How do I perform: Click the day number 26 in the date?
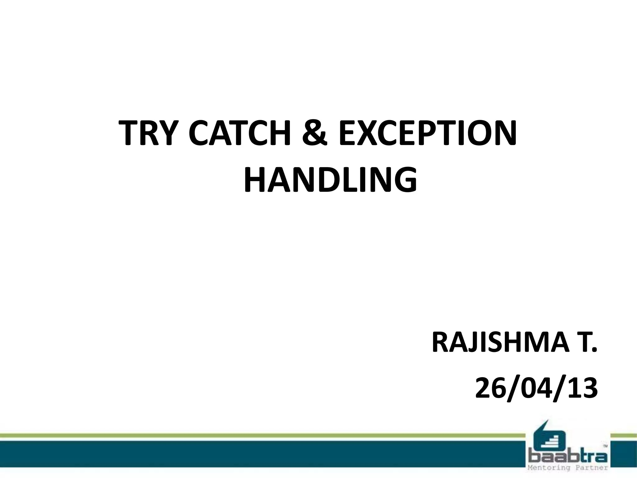click(x=488, y=389)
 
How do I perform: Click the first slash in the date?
click(x=510, y=389)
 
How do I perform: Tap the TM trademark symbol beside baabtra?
click(x=605, y=446)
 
